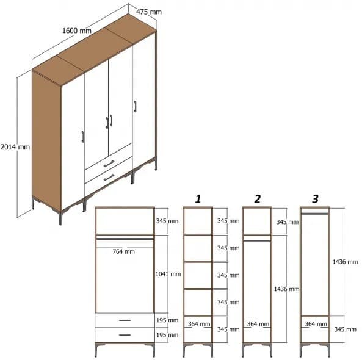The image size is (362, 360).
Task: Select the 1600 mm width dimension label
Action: point(77,31)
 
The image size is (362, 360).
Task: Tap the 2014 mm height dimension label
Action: point(15,147)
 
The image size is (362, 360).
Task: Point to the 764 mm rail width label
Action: point(125,251)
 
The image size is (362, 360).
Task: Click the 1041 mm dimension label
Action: point(168,275)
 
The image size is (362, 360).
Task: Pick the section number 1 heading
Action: point(198,198)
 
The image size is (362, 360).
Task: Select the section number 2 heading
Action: point(257,198)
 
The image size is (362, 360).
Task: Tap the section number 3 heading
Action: point(315,198)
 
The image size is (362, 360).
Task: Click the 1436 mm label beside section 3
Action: point(345,261)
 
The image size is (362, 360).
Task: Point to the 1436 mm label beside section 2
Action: point(286,289)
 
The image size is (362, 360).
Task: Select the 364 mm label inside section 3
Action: point(314,325)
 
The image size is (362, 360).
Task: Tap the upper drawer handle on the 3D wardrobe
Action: point(109,164)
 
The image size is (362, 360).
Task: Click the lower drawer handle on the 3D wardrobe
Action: point(109,178)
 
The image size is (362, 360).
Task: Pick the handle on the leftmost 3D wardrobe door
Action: point(82,136)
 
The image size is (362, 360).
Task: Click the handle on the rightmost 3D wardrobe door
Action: point(135,106)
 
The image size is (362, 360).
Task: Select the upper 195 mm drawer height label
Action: point(168,321)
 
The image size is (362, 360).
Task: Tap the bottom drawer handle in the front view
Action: point(125,334)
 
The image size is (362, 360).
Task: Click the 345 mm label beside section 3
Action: point(345,329)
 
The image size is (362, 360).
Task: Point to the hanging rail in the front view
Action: point(125,239)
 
